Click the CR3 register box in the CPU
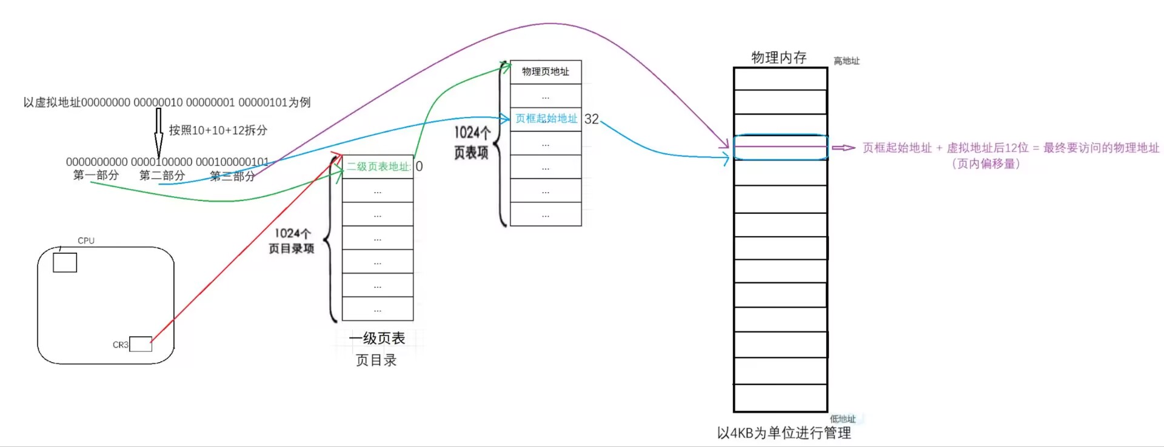click(141, 344)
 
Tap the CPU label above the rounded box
click(86, 240)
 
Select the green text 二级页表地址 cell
click(378, 167)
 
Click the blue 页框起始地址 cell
click(546, 119)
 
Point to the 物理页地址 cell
click(546, 71)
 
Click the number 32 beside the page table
click(592, 119)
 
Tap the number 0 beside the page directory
click(419, 167)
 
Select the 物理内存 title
click(779, 58)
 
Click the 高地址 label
click(846, 61)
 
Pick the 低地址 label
click(843, 419)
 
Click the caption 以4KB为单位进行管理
click(784, 432)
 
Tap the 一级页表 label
click(376, 338)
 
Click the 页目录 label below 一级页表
click(376, 360)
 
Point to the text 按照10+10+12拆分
click(218, 130)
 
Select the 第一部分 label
click(96, 176)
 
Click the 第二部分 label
click(162, 176)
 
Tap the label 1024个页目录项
click(292, 241)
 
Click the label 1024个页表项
click(472, 142)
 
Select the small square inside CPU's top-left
click(65, 262)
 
